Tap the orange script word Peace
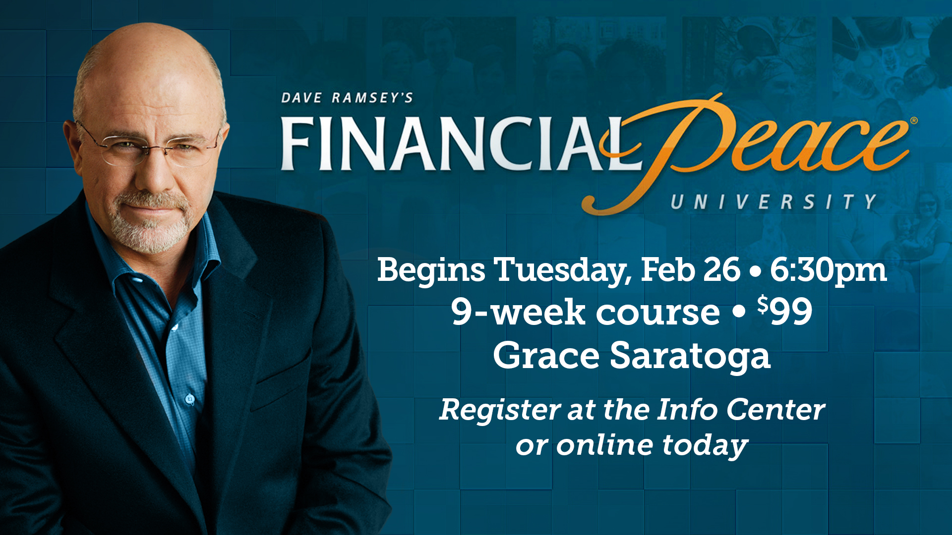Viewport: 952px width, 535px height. pos(749,149)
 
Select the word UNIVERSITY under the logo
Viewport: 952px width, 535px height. pos(773,202)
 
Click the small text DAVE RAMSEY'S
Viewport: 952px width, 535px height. pos(347,98)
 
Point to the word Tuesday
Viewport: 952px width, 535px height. pos(562,270)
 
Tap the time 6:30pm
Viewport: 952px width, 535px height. pos(828,270)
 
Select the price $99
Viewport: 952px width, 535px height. pos(784,311)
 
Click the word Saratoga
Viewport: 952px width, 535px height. pos(690,356)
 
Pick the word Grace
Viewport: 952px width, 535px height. pos(546,356)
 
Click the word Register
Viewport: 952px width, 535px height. pos(500,410)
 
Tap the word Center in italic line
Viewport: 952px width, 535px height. pos(775,410)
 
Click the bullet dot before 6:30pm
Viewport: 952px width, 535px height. pos(755,271)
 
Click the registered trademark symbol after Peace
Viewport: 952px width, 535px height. pos(914,120)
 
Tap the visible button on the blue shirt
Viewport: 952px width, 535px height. pos(189,398)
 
